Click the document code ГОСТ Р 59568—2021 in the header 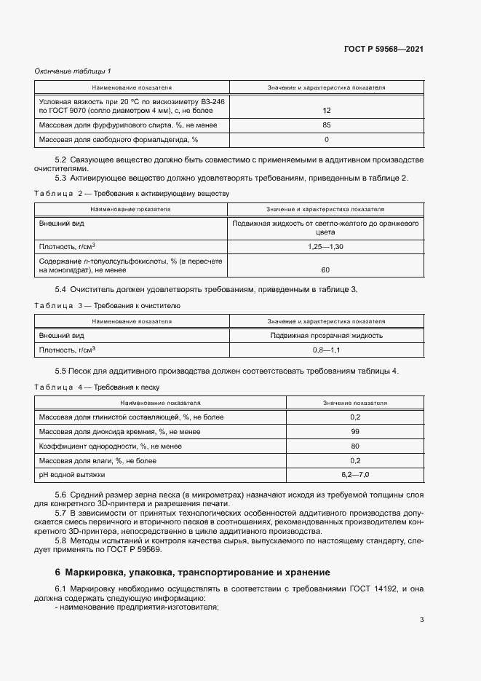tap(383, 49)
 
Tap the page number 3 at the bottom tap(421, 620)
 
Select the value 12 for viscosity tap(326, 111)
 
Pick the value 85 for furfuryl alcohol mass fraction tap(326, 125)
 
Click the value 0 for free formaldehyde tap(326, 139)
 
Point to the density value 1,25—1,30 tap(325, 248)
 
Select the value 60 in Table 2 tap(325, 270)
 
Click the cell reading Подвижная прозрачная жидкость tap(326, 336)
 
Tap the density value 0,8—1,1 tap(326, 350)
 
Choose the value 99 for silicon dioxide tap(355, 432)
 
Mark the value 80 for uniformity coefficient tap(355, 446)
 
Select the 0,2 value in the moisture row tap(355, 460)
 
